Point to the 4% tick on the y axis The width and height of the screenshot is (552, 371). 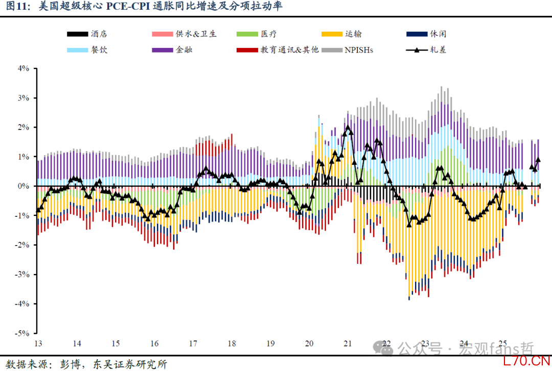point(24,68)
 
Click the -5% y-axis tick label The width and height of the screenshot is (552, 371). point(22,333)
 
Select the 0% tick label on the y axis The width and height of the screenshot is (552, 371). point(24,186)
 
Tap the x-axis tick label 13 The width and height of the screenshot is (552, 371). point(37,343)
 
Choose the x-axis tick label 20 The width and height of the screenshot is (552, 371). point(309,343)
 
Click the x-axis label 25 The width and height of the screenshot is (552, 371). point(502,343)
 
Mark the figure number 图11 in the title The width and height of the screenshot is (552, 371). point(15,7)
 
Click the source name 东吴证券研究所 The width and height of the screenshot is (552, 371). point(130,364)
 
